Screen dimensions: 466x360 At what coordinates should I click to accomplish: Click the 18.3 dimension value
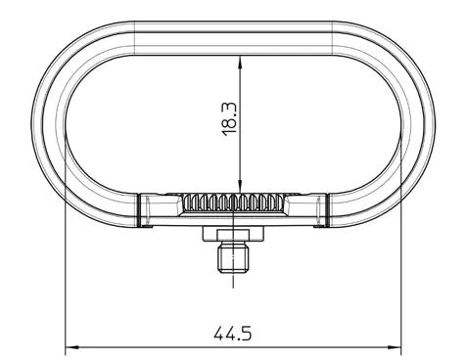(229, 118)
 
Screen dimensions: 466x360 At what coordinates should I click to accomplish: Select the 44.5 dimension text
(233, 334)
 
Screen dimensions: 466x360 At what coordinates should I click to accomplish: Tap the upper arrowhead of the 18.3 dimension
(240, 62)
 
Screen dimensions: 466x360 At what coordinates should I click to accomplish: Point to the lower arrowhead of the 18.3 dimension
(240, 187)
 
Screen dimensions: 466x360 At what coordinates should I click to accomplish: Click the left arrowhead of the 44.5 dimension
(72, 347)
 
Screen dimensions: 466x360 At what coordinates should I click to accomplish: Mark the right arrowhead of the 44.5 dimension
(395, 347)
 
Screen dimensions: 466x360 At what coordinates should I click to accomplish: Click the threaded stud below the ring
(233, 257)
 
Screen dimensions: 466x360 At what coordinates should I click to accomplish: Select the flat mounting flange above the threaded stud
(233, 234)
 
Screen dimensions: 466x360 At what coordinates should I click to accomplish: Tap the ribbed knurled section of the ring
(233, 202)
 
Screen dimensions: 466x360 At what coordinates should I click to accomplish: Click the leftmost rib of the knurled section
(187, 202)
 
